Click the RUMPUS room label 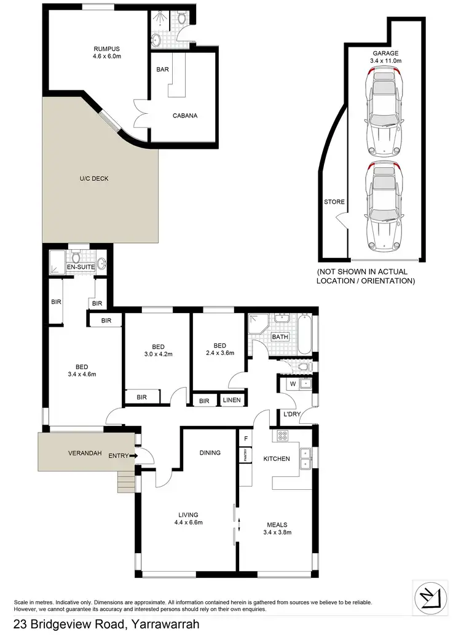106,49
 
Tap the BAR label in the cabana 163,70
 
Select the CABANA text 184,115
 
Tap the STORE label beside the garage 334,202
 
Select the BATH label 280,337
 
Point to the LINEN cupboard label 232,401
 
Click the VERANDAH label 85,453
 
